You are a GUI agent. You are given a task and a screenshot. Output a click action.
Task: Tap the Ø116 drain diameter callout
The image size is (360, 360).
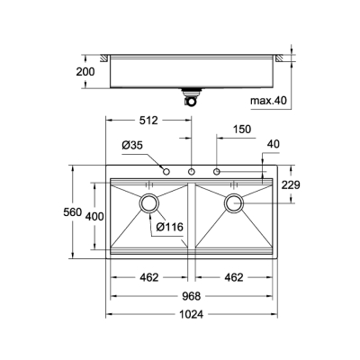[x=169, y=227]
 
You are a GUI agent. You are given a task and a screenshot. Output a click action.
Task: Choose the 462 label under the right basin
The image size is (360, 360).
[x=234, y=278]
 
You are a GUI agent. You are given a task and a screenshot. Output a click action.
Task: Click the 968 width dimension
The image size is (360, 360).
[x=190, y=296]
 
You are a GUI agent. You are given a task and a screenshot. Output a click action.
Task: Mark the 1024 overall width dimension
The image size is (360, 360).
[x=190, y=314]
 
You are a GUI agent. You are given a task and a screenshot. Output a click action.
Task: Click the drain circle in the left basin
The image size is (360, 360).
[x=148, y=202]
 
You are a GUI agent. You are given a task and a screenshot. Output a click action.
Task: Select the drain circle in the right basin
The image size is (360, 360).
[x=235, y=202]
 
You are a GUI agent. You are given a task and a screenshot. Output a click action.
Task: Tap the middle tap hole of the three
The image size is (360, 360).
[x=192, y=171]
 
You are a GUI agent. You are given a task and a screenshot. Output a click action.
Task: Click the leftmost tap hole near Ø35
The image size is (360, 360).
[x=166, y=171]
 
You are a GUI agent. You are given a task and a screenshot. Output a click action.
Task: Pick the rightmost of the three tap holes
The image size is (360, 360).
[x=217, y=171]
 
